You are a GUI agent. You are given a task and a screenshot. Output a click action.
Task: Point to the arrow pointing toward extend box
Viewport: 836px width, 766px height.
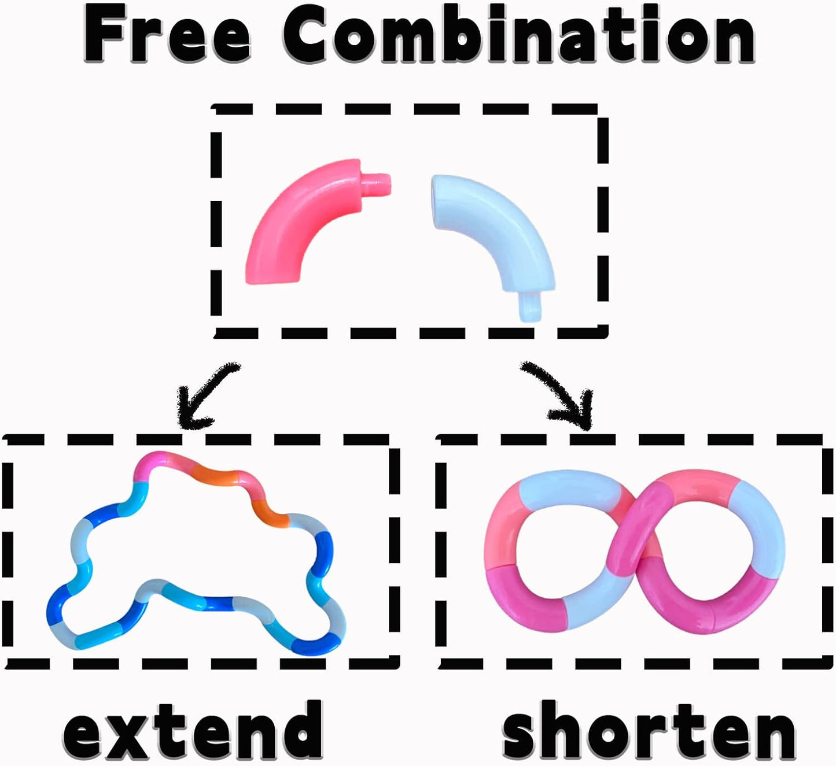click(x=202, y=396)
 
